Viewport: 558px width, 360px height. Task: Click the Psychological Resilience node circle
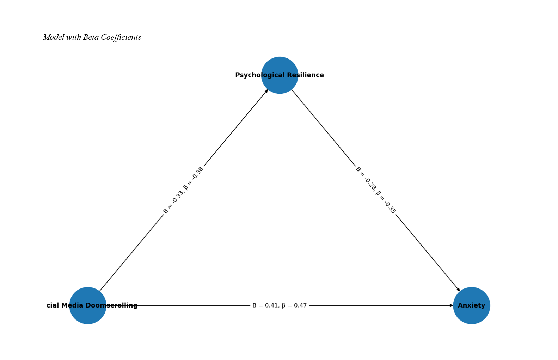coord(280,85)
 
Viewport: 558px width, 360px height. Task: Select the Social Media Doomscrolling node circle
coord(87,315)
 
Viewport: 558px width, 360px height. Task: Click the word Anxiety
coord(471,305)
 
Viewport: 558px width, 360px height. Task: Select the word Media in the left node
coord(72,305)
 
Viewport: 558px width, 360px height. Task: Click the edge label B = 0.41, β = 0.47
coord(280,305)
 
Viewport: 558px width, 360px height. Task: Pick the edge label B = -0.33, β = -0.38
coord(183,190)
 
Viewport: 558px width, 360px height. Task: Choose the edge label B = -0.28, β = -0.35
coord(376,190)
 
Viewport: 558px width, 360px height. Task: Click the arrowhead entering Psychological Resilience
coord(266,91)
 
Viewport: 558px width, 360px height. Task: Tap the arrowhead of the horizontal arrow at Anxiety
coord(452,305)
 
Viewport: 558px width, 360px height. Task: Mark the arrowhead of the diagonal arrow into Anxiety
coord(458,290)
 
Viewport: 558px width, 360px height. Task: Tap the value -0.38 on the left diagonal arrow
coord(198,173)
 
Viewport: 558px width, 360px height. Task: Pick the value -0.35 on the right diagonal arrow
coord(390,207)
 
